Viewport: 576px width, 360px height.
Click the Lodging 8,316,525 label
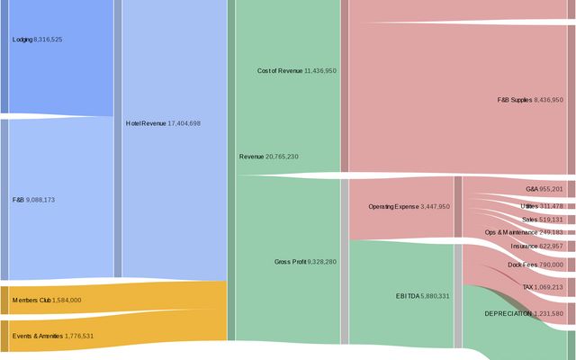tap(38, 40)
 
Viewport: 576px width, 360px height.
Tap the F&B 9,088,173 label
tap(34, 199)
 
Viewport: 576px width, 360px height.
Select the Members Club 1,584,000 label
tap(47, 300)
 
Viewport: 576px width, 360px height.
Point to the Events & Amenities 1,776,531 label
tap(53, 336)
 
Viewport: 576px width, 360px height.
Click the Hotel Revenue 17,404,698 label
tap(163, 123)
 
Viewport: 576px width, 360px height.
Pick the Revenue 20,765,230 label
tap(268, 157)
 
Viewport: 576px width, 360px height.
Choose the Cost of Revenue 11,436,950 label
tap(296, 70)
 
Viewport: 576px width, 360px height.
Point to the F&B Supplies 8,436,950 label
tap(530, 100)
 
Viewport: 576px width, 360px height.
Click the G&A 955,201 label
tap(544, 189)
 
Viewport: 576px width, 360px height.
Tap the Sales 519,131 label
tap(543, 219)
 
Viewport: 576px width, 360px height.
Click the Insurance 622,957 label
tap(536, 246)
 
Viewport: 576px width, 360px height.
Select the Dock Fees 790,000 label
tap(535, 265)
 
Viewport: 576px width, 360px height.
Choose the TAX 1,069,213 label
tap(543, 287)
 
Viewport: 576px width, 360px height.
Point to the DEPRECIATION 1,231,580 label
tap(523, 313)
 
